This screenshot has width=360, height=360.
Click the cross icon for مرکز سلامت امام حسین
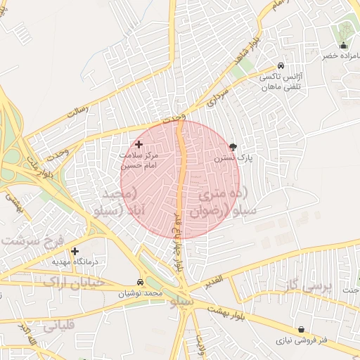(139, 144)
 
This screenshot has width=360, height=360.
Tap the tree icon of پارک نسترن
(233, 148)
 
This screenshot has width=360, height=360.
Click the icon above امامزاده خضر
(343, 46)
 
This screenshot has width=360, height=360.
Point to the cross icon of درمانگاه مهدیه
(75, 250)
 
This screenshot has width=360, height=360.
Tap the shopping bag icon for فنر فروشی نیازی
(302, 329)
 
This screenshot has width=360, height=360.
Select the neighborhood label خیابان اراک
(74, 282)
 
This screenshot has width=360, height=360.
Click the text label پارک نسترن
(233, 160)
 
